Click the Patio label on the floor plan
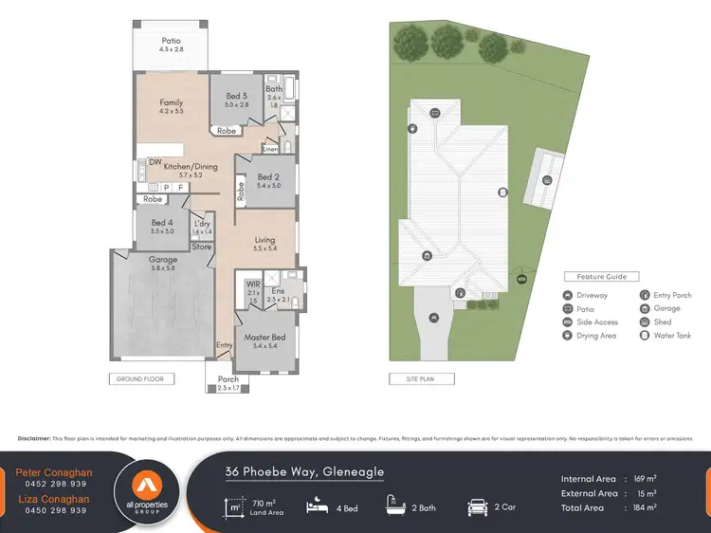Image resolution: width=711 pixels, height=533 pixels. pos(171,41)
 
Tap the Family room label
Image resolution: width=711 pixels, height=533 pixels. pos(172,102)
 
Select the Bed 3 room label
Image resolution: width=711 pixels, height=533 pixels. pos(237,96)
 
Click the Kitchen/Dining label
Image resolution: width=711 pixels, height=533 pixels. pos(191,167)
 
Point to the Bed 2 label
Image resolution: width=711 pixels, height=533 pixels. pos(268,176)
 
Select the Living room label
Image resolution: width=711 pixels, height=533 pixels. pos(264,240)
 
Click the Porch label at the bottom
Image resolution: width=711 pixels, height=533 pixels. pos(228,379)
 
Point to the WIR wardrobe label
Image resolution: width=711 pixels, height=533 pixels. pos(253,284)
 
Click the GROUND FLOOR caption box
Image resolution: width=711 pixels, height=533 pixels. pos(141,378)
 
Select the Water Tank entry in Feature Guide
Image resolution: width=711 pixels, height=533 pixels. pos(672,335)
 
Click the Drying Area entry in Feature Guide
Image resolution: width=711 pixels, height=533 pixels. pos(596,335)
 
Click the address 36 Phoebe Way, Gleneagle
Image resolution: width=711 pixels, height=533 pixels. pos(304,471)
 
